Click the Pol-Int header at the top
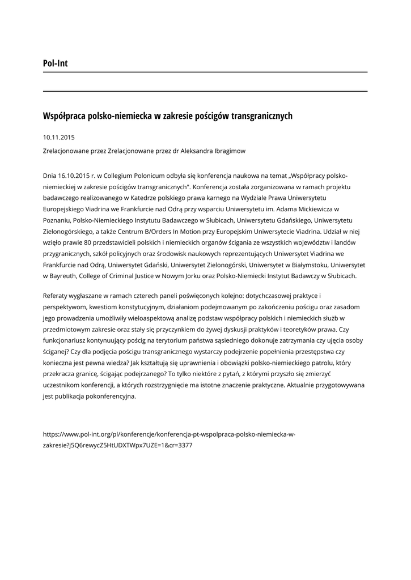point(55,63)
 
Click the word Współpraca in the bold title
point(65,116)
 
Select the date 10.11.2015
point(59,137)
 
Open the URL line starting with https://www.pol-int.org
point(169,434)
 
